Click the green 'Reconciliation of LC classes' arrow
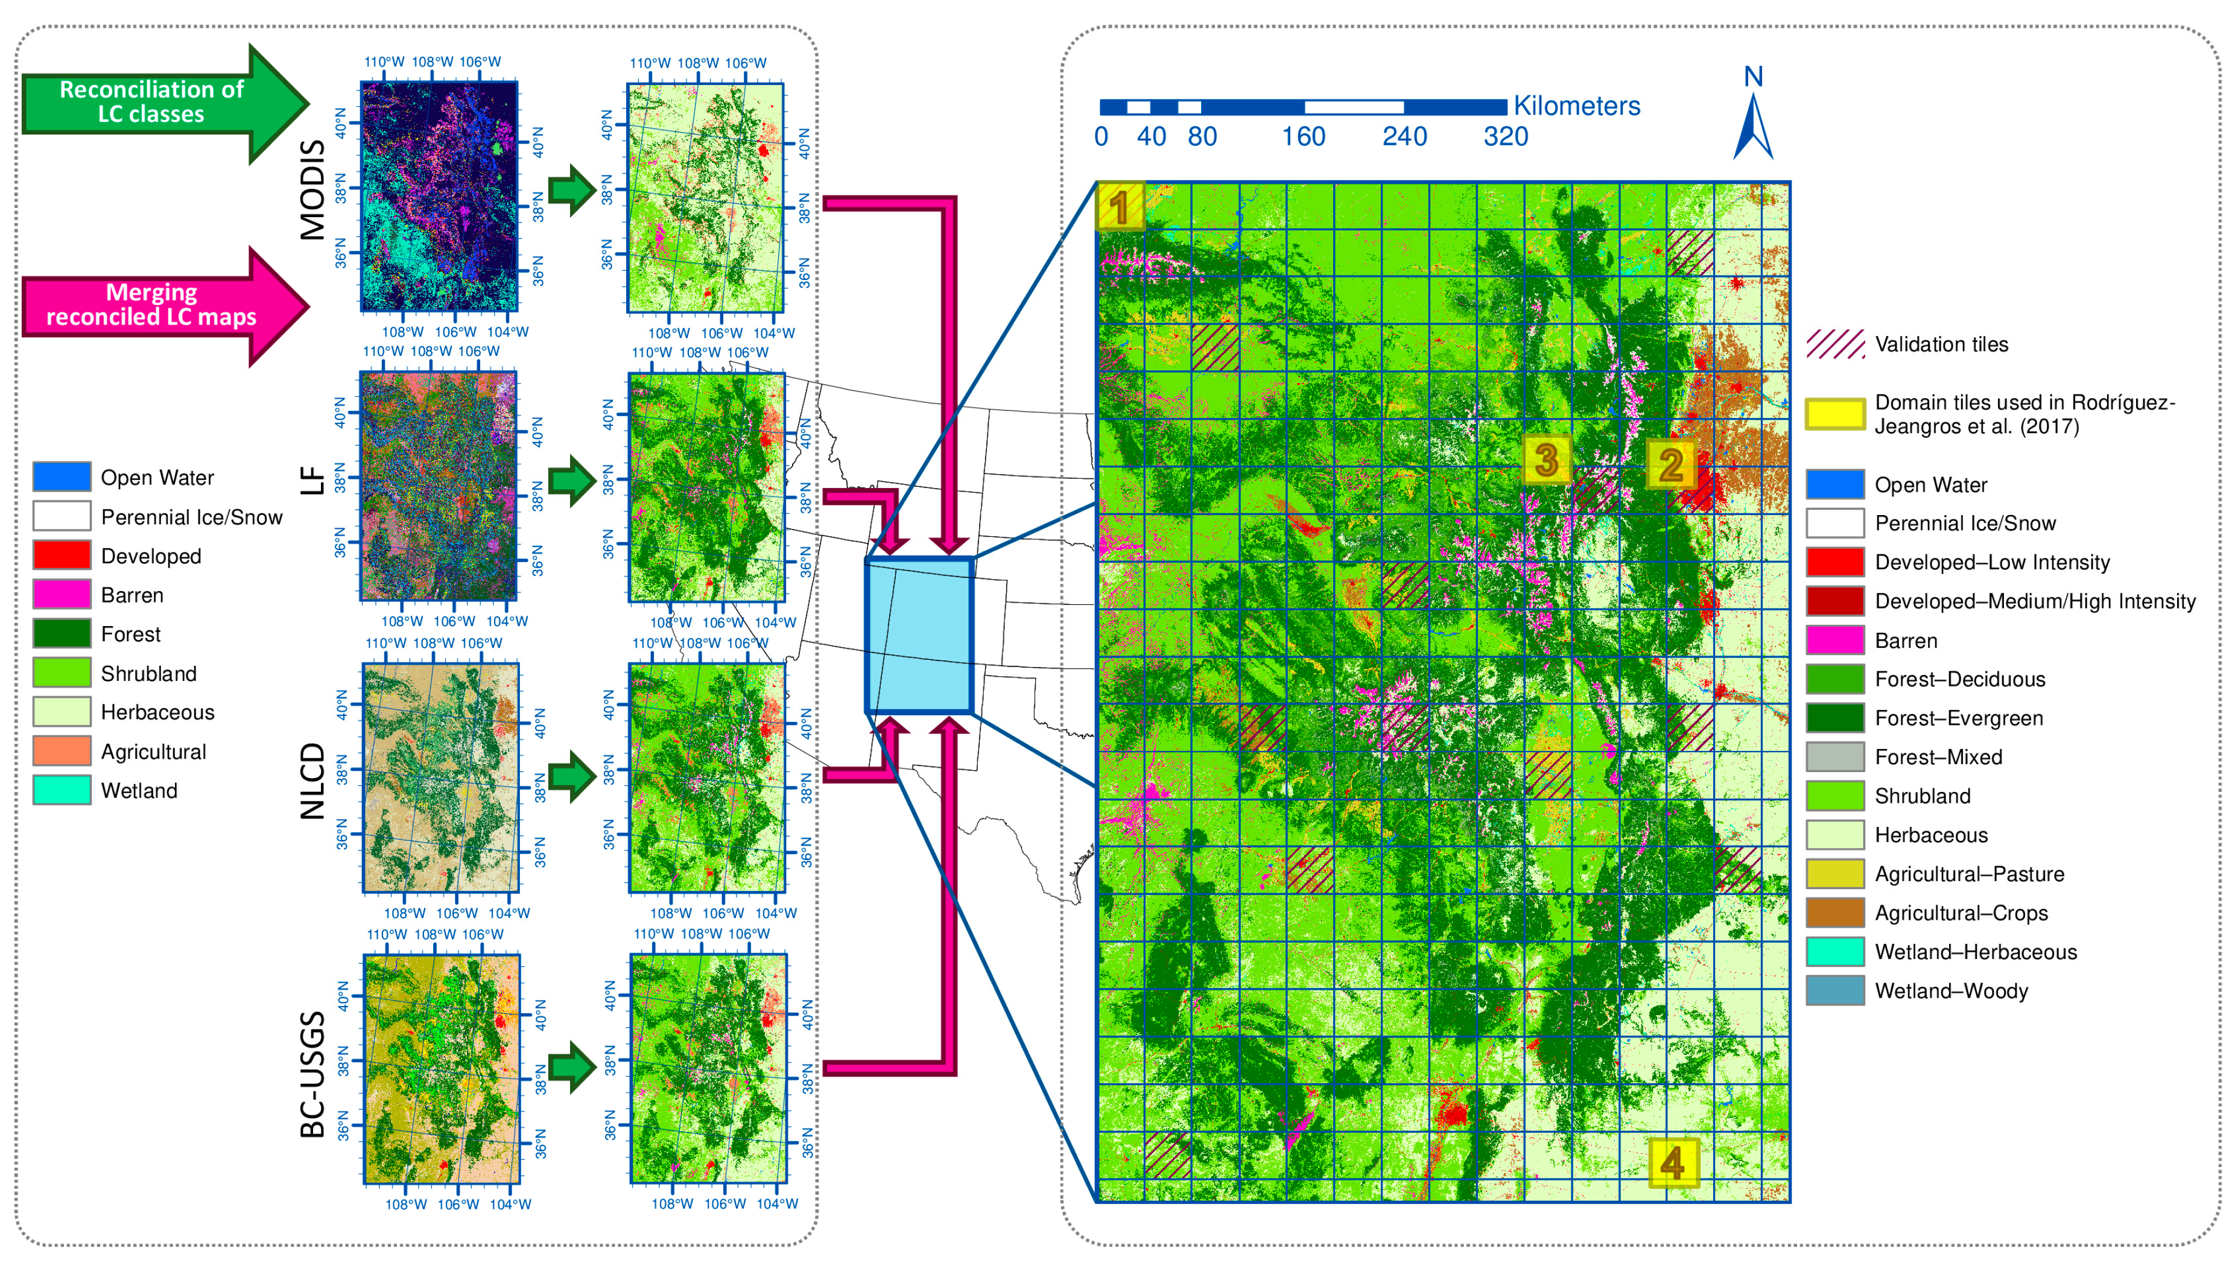click(156, 103)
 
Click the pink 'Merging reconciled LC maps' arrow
click(156, 305)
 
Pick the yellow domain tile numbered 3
click(1546, 460)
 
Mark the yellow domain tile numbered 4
click(1672, 1162)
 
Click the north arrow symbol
click(1752, 126)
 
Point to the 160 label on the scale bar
click(1303, 136)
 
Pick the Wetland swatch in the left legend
click(62, 790)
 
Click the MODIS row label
click(311, 189)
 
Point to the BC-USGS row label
click(311, 1074)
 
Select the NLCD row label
click(311, 781)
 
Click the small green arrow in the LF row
click(571, 480)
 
